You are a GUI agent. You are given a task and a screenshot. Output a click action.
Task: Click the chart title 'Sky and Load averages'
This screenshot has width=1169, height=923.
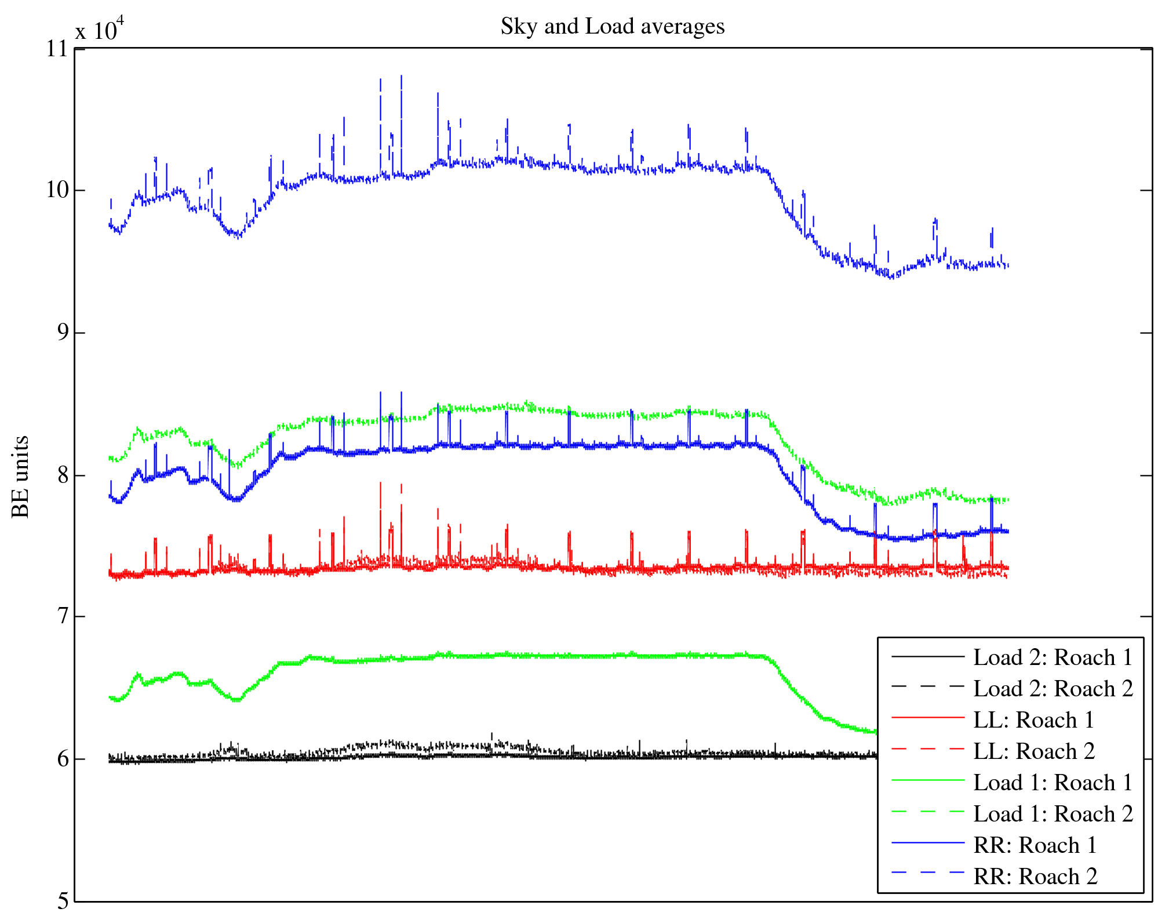tap(612, 27)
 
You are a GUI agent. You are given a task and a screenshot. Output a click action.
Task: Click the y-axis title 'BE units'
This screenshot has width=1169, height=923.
tap(20, 477)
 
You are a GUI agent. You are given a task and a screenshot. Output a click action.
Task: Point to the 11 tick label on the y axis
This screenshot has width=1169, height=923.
tap(57, 49)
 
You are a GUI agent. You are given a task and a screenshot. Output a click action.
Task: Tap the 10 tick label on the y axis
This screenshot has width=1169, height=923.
tap(57, 190)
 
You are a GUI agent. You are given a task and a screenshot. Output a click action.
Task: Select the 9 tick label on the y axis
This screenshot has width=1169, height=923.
tap(62, 333)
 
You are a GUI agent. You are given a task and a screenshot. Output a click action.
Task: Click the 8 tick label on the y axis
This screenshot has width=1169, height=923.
tap(62, 475)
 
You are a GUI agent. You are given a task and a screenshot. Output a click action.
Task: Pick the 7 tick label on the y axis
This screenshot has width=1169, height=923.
tap(62, 617)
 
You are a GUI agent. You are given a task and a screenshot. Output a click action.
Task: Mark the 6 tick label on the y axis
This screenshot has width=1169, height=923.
tap(62, 759)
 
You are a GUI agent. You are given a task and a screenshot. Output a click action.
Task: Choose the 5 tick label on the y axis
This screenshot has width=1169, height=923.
tap(62, 901)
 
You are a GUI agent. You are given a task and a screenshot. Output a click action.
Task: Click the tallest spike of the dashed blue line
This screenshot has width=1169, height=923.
tap(401, 77)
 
